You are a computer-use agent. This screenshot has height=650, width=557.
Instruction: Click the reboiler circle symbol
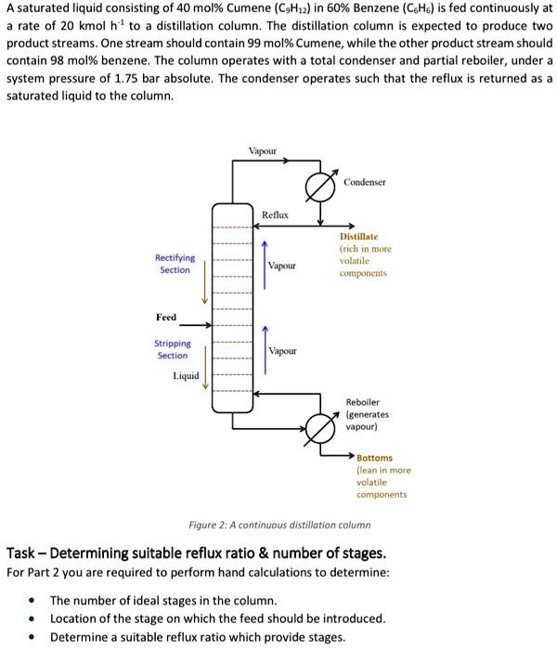pos(319,429)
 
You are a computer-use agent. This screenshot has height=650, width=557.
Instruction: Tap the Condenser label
pos(365,182)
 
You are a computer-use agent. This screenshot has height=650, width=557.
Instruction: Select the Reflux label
pos(276,214)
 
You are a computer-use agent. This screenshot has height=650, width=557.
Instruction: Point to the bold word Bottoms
pos(375,458)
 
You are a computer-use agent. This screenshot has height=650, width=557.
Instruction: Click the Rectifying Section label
pos(175,264)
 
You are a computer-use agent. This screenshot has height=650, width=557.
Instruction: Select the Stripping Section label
pos(172,349)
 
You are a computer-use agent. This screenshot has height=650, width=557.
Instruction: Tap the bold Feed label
pos(165,318)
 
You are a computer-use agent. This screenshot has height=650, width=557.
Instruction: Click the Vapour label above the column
pos(262,150)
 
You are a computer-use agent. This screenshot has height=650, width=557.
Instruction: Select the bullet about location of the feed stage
pos(217,618)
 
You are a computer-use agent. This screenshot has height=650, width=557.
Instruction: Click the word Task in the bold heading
pos(21,553)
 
